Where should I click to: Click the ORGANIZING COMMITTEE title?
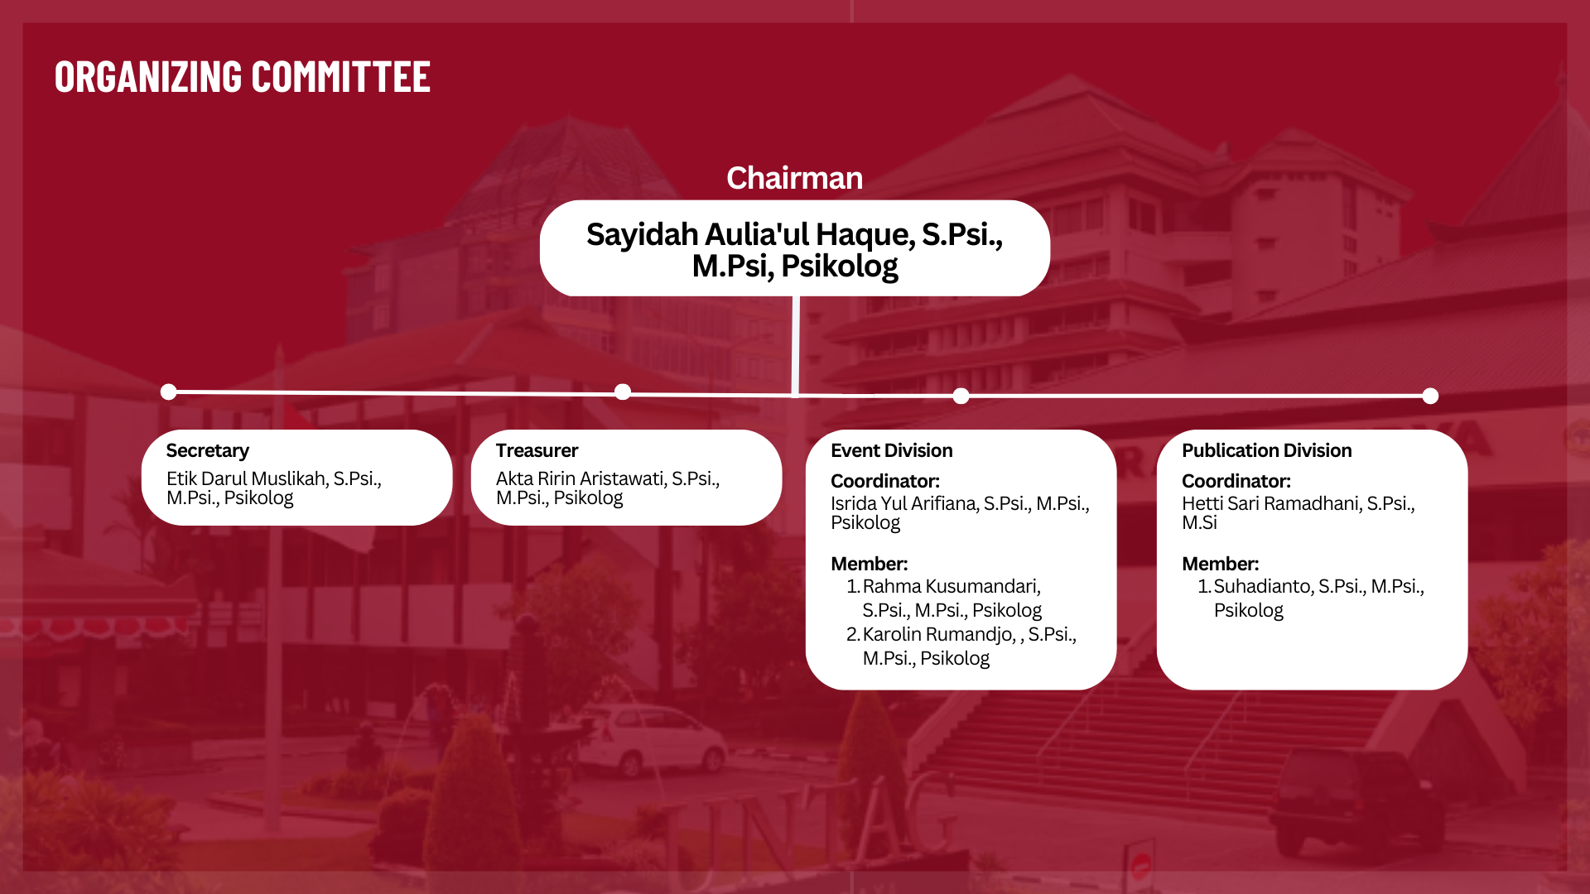pyautogui.click(x=243, y=76)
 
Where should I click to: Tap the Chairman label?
pyautogui.click(x=794, y=178)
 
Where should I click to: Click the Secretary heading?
pyautogui.click(x=207, y=450)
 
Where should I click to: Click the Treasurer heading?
pyautogui.click(x=537, y=450)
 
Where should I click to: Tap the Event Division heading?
pyautogui.click(x=891, y=450)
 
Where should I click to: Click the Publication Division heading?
pyautogui.click(x=1266, y=450)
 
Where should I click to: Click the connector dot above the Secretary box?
pyautogui.click(x=169, y=392)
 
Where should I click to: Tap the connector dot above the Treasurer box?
pyautogui.click(x=623, y=392)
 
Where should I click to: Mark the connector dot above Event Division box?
pyautogui.click(x=961, y=396)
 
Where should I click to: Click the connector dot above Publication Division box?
pyautogui.click(x=1430, y=396)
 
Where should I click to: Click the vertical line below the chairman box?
pyautogui.click(x=795, y=346)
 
